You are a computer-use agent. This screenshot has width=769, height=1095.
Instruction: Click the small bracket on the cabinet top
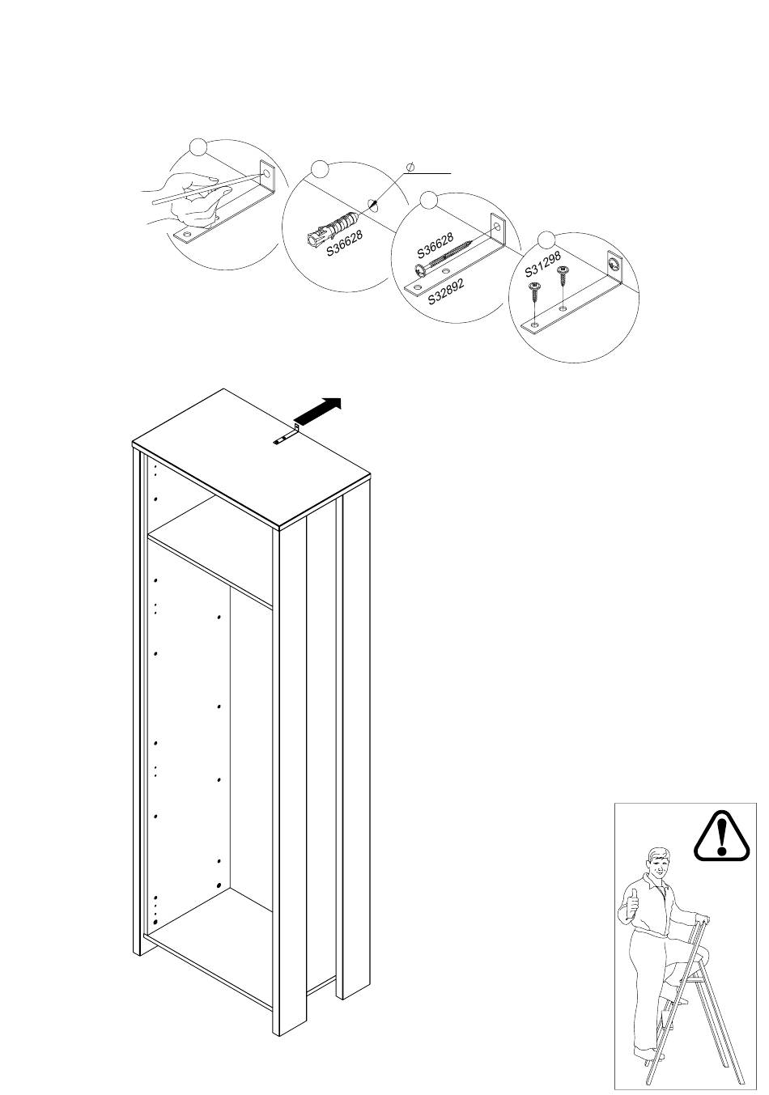[x=287, y=436]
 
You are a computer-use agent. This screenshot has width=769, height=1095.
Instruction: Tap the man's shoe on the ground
[x=645, y=1055]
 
